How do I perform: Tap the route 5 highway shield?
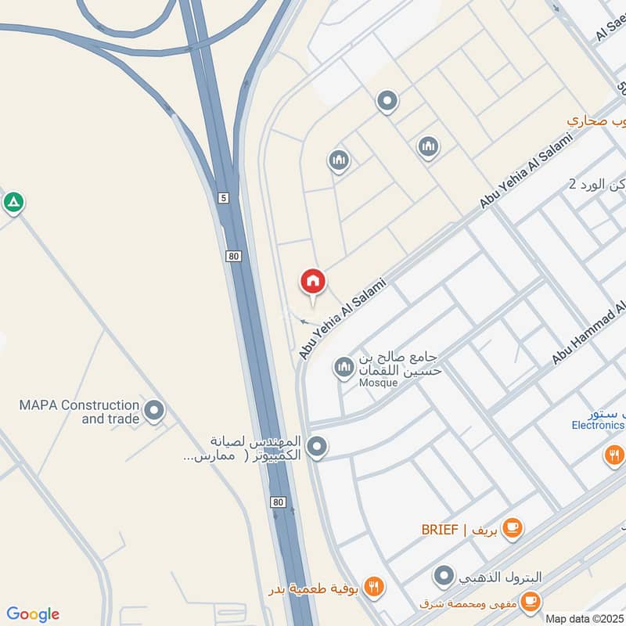(x=224, y=199)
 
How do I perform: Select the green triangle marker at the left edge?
(x=13, y=203)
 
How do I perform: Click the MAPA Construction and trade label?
(x=79, y=412)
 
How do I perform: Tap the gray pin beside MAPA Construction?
(x=155, y=409)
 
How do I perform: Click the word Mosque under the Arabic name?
(x=379, y=383)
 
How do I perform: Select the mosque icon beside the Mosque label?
(x=344, y=366)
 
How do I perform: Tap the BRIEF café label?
(x=455, y=530)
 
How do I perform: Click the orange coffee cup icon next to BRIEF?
(x=513, y=528)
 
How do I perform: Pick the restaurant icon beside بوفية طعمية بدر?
(x=374, y=586)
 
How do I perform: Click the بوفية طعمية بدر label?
(x=315, y=588)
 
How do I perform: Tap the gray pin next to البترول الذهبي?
(x=444, y=577)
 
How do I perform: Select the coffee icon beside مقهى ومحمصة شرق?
(x=531, y=601)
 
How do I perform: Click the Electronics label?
(x=598, y=426)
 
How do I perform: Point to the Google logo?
(x=33, y=614)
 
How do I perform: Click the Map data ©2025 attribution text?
(x=585, y=618)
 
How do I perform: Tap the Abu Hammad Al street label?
(x=588, y=333)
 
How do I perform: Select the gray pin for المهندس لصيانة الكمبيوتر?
(x=316, y=448)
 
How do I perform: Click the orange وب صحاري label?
(x=597, y=122)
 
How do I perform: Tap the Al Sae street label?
(x=610, y=29)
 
